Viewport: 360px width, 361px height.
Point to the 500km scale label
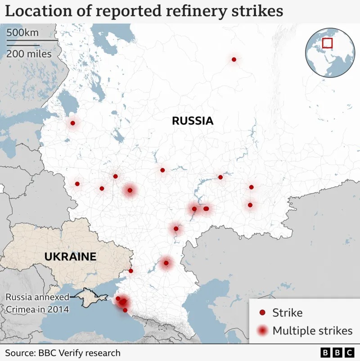22,33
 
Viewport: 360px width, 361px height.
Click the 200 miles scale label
29,53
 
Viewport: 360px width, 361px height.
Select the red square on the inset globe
327,43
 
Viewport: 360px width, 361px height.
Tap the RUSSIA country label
192,120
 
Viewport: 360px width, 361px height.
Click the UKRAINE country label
70,257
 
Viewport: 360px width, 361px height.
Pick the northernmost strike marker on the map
234,59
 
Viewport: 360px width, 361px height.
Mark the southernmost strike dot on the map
125,310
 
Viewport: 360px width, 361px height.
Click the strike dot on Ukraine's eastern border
131,271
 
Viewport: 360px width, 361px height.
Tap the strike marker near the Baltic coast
72,123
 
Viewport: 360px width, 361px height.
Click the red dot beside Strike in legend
262,313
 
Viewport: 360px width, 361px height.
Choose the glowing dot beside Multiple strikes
262,331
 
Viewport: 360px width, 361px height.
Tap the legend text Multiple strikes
312,331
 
